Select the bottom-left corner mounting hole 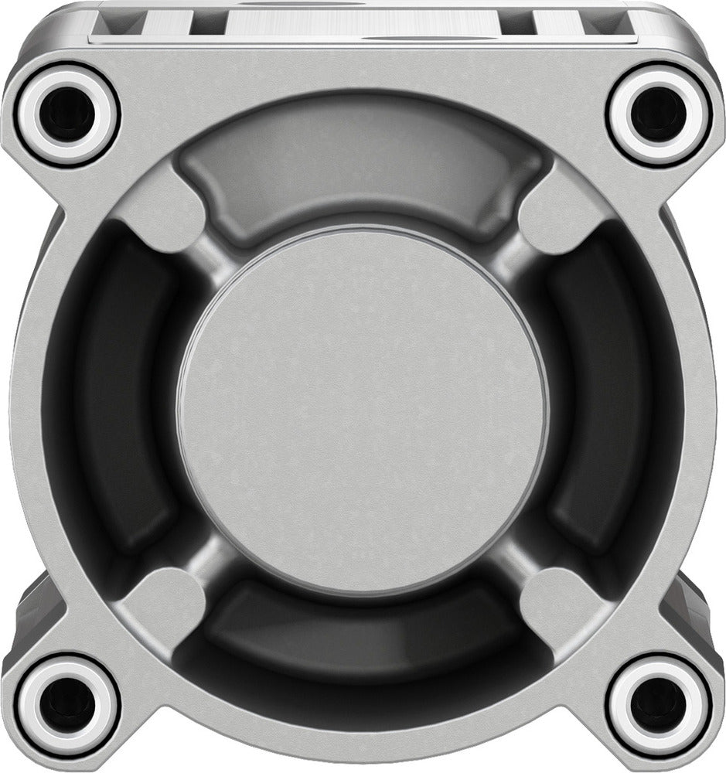click(67, 705)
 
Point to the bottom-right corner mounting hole click(658, 705)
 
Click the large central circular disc click(363, 410)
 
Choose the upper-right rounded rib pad click(559, 213)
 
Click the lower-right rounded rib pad click(559, 607)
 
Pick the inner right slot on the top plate click(516, 22)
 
